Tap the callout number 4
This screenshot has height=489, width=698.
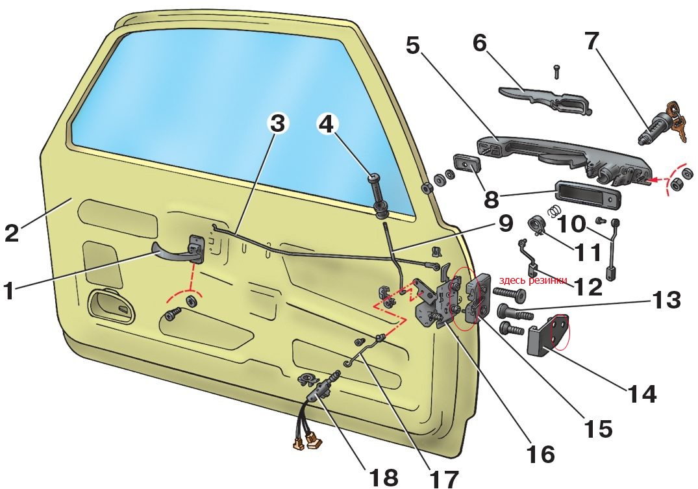327,123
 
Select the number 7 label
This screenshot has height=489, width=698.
591,42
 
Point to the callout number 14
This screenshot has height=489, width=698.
642,394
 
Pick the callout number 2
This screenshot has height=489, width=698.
12,233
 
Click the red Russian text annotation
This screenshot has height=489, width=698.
533,280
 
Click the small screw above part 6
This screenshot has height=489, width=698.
556,71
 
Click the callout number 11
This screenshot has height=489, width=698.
588,253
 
